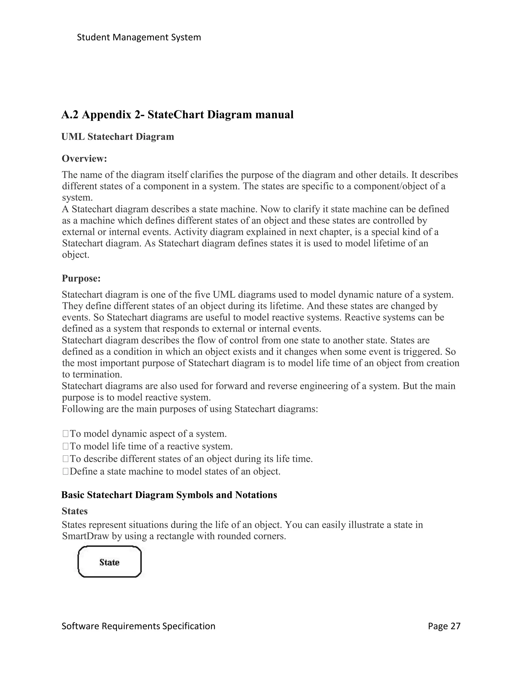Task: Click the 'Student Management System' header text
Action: click(139, 37)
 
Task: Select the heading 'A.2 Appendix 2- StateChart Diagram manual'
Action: click(177, 115)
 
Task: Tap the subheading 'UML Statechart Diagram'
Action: click(118, 136)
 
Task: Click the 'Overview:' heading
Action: click(84, 158)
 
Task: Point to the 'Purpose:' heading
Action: click(81, 278)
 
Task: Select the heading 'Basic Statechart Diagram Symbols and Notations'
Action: click(169, 495)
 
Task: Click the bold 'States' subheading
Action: click(75, 511)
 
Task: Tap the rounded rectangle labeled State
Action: click(109, 562)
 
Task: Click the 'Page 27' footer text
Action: click(444, 626)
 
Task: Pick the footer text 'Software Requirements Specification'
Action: click(138, 626)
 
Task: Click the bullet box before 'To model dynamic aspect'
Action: click(65, 434)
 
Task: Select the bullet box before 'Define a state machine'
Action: click(65, 472)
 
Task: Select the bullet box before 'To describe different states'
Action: click(65, 459)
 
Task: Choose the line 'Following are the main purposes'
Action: click(190, 409)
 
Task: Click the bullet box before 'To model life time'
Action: click(65, 446)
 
